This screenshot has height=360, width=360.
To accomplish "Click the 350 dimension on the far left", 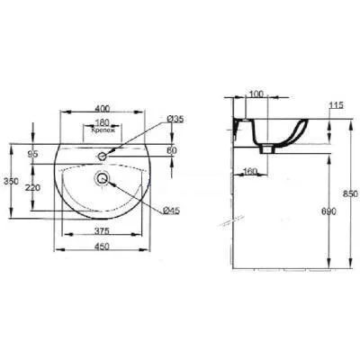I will coord(12,180).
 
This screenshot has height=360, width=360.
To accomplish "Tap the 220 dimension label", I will coord(33,187).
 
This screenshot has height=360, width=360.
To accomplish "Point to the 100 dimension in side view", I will coord(256,93).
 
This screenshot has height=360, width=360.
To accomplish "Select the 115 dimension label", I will coord(337,107).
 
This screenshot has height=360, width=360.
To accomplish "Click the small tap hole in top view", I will coord(103,157).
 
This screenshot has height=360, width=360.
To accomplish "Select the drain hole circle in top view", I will coord(103,179).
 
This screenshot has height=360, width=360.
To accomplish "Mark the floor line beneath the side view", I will coord(288,268).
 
